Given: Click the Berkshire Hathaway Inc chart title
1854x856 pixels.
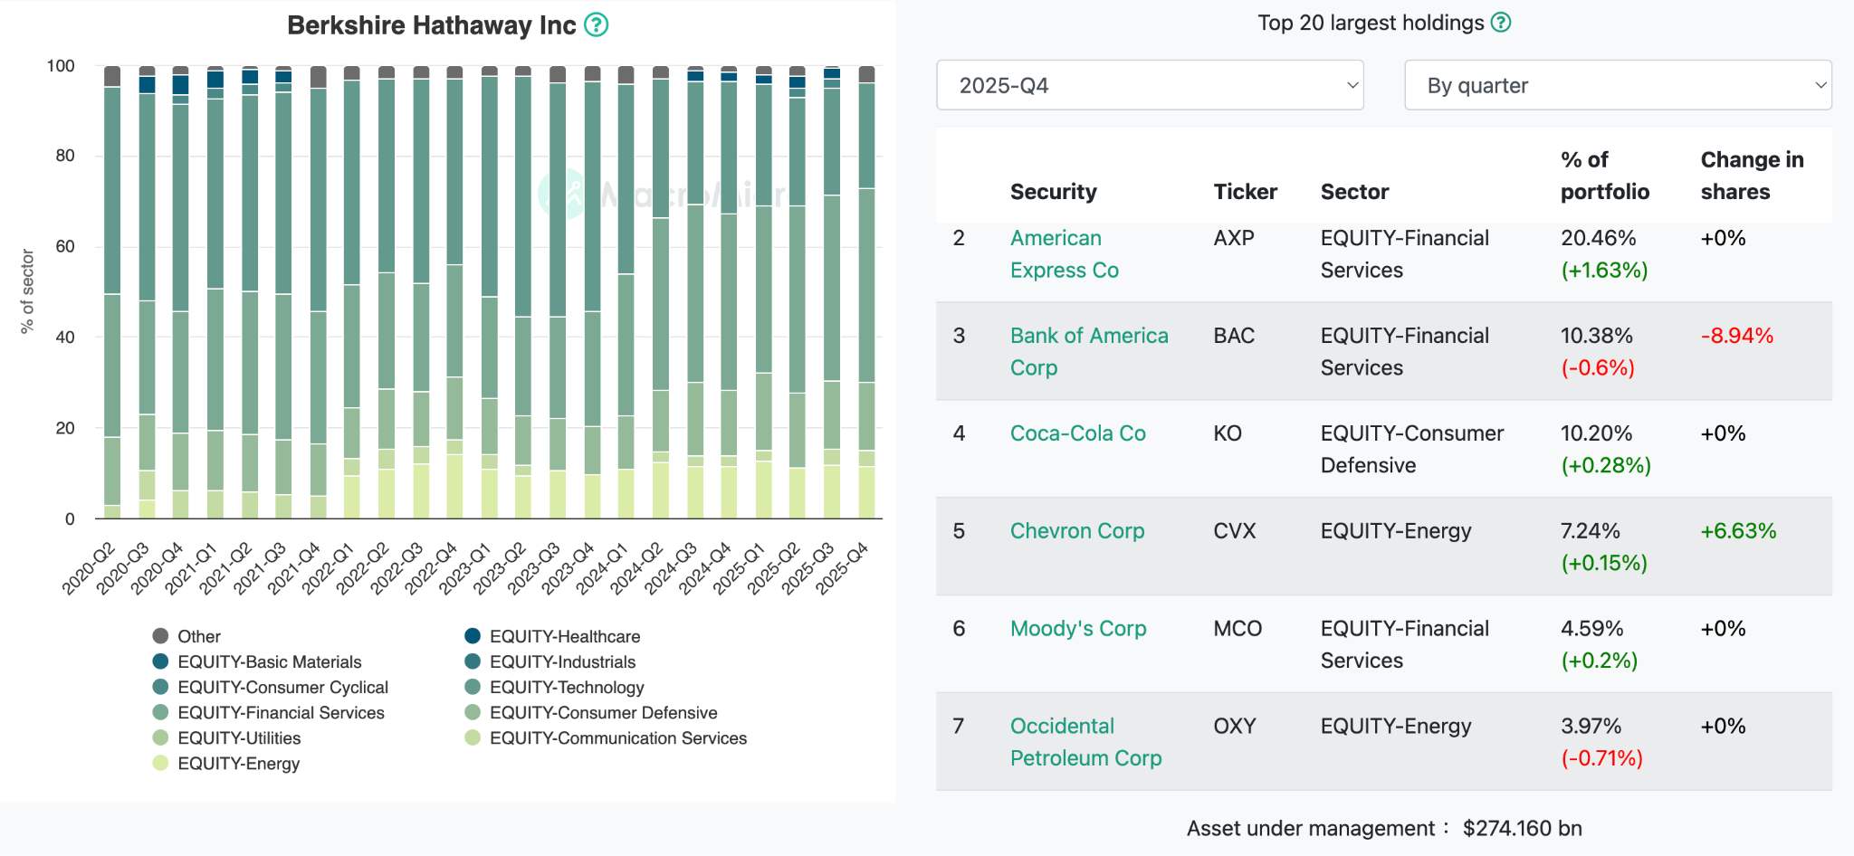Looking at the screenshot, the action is coord(431,25).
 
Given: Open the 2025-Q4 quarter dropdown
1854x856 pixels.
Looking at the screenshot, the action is coord(1150,85).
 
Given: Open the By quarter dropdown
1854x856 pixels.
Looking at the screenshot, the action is coord(1618,85).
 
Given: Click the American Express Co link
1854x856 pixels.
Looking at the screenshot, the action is coord(1065,254).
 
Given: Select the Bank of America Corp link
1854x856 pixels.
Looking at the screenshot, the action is coord(1089,351).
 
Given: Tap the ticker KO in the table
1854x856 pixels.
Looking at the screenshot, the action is coord(1228,433).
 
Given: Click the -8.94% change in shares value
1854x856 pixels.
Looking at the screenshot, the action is coord(1737,336).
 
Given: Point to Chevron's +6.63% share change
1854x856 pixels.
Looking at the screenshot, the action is coord(1738,531).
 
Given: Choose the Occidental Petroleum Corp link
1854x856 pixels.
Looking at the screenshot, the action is coord(1085,742).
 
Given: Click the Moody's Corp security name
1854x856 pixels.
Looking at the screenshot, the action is coord(1078,629).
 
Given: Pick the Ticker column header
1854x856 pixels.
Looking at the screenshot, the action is coord(1245,192).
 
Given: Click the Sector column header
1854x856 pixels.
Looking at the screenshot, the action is coord(1355,192).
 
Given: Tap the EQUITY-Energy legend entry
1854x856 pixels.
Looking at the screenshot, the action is coord(226,764).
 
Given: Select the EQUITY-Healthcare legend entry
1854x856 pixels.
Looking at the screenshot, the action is coord(552,637).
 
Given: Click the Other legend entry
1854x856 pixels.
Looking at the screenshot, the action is coord(186,637).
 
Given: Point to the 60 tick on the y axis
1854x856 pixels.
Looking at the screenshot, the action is coord(65,246).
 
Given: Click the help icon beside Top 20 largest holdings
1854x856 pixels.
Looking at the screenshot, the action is coord(1501,23).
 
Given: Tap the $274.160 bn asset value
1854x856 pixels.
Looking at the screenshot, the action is coord(1523,829).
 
